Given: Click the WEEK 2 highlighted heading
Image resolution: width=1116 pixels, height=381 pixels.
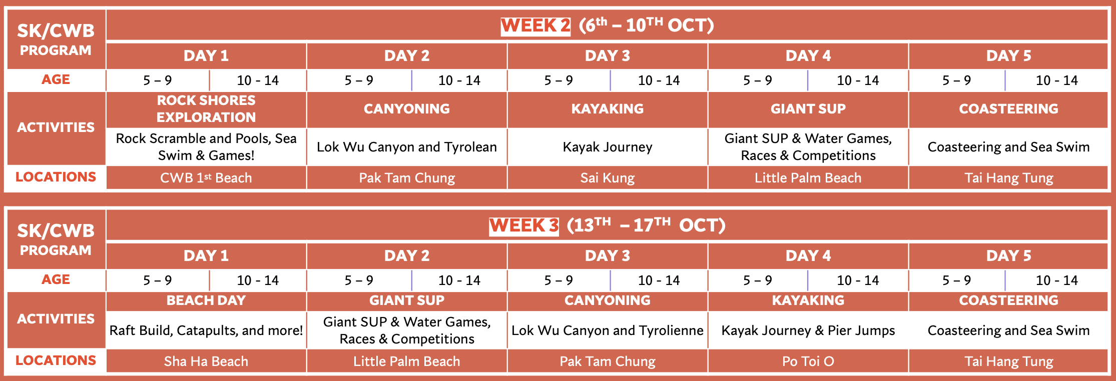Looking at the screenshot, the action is tap(535, 25).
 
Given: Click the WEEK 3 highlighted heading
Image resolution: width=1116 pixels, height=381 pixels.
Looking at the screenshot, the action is tap(524, 225).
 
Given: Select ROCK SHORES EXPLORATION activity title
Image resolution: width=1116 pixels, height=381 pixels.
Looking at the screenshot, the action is tap(206, 108).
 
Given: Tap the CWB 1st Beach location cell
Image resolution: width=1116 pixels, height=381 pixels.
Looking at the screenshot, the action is tap(206, 177).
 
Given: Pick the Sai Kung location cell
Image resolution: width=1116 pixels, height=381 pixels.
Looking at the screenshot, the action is tap(608, 177).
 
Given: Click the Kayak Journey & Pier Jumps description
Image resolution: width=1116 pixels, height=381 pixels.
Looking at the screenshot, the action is tap(808, 330).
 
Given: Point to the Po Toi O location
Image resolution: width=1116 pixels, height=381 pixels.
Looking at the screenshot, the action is tap(808, 361).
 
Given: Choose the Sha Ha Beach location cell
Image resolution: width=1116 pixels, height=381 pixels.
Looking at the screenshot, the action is tap(206, 361).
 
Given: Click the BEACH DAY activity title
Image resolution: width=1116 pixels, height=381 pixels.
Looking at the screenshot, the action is tap(206, 300).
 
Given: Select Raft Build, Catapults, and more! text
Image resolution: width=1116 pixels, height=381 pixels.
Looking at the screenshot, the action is tap(206, 330).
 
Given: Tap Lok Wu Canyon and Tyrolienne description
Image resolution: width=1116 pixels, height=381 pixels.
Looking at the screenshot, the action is tap(608, 330).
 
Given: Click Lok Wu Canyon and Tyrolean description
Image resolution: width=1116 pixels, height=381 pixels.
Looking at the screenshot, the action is tap(407, 147).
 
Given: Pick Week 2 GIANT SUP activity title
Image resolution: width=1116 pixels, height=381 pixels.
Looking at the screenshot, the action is tap(808, 108).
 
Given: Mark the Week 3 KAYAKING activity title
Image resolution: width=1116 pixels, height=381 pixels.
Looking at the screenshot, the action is tap(808, 300).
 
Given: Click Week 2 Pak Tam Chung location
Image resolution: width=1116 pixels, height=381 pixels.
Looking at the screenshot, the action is tap(407, 177).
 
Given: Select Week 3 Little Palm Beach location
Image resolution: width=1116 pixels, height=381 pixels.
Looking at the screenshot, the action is tap(407, 361).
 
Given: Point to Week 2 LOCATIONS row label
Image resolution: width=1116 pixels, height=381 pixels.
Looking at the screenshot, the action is tap(56, 177).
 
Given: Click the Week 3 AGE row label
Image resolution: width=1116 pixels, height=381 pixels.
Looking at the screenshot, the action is tap(56, 279).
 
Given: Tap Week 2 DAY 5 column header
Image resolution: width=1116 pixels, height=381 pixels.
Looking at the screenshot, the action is tap(1008, 55).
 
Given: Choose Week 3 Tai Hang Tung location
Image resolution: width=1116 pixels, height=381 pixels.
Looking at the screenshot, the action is tap(1008, 361).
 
